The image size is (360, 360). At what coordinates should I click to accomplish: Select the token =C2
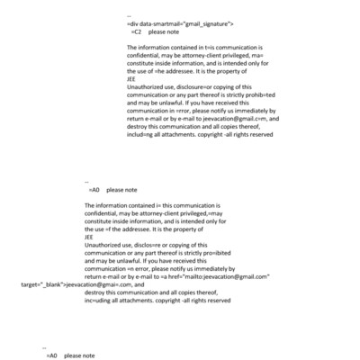point(137,31)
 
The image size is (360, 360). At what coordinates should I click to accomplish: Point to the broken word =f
point(119,229)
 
